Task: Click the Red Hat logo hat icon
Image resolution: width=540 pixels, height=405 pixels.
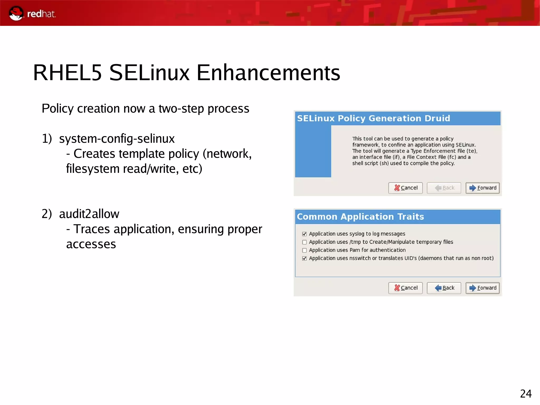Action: (16, 13)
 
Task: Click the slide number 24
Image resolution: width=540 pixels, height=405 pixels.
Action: (525, 394)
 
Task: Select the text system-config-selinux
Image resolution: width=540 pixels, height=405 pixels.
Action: (117, 139)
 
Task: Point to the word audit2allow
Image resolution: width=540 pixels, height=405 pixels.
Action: (89, 214)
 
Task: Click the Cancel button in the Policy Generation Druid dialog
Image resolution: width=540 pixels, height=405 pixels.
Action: (406, 188)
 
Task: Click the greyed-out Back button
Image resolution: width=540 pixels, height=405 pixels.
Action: (444, 188)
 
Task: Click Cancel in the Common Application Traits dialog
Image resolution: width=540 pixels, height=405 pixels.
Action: (406, 288)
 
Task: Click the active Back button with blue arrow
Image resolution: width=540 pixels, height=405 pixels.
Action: (444, 288)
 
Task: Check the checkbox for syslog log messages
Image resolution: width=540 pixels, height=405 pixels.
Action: (305, 234)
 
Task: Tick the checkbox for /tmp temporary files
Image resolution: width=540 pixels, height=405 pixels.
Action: (305, 242)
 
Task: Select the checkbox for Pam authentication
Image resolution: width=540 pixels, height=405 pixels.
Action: (305, 250)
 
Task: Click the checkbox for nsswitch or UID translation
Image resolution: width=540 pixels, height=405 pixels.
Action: (305, 259)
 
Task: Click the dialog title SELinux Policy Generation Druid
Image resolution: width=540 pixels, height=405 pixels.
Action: (373, 118)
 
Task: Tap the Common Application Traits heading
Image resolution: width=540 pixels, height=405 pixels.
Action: (360, 217)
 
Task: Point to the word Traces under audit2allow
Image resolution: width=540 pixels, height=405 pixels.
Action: (91, 229)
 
